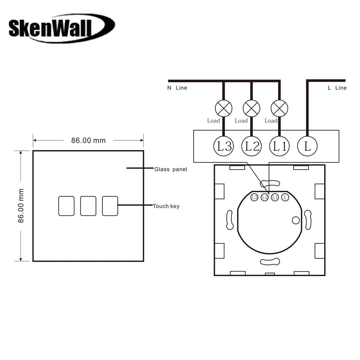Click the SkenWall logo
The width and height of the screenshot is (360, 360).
point(62,28)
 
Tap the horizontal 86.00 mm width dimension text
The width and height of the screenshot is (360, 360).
point(89,140)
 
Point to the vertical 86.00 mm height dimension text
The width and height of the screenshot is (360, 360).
point(21,206)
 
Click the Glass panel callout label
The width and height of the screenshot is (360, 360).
point(171,169)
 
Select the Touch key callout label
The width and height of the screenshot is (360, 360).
point(166,206)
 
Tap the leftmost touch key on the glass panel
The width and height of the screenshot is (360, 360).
point(66,206)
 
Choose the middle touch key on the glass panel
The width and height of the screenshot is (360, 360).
point(88,206)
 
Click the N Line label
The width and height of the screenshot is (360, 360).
point(177,88)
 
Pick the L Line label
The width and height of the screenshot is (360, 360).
point(337,88)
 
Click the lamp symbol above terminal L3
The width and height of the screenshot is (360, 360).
point(224,108)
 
